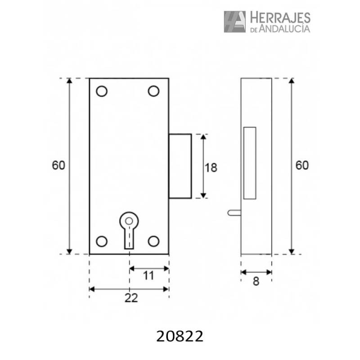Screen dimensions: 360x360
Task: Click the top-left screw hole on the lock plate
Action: pos(102,91)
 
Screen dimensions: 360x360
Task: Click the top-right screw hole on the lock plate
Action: pos(154,91)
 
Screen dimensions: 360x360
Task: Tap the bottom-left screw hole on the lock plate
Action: pos(102,241)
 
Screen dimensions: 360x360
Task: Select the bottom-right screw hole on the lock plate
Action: pos(154,241)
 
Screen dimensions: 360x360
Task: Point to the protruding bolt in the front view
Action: pos(180,166)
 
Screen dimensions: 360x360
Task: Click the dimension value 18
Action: pos(211,168)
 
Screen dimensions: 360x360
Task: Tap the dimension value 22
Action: pos(130,297)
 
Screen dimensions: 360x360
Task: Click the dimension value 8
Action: pos(256,282)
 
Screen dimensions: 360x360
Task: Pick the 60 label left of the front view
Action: pos(58,165)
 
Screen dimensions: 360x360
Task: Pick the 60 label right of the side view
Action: pos(302,165)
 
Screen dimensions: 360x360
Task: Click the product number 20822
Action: pos(180,336)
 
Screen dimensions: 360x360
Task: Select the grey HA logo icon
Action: pos(235,22)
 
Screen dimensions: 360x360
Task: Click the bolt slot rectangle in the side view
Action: pos(249,163)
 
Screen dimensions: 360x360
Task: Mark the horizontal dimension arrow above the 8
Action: pos(256,272)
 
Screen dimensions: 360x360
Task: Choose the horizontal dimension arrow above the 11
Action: pos(149,269)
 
